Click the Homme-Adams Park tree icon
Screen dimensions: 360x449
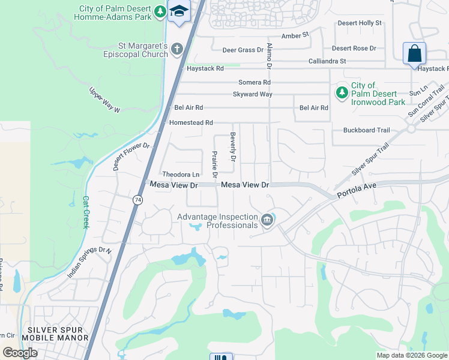(159, 11)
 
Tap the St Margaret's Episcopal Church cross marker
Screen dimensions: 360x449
(177, 49)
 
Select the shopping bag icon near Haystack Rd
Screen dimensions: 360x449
(414, 53)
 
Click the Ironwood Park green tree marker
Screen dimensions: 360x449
(342, 92)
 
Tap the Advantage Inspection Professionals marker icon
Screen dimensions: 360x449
(267, 220)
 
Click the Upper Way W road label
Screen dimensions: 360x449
(105, 100)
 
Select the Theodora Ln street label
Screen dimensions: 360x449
(181, 175)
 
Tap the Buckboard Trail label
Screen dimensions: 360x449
(366, 130)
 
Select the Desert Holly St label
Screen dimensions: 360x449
(360, 23)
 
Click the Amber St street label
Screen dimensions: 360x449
(295, 36)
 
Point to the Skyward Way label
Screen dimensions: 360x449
(253, 95)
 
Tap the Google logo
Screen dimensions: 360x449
(20, 352)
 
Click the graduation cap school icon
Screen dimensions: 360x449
(179, 12)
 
